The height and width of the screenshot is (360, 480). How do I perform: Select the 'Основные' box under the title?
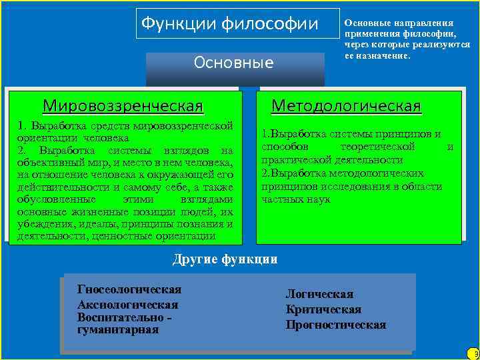pos(233,63)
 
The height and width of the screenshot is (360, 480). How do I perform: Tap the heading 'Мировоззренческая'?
pos(123,106)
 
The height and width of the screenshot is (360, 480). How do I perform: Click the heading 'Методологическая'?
pos(346,106)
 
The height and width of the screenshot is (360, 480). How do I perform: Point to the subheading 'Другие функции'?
pos(225,259)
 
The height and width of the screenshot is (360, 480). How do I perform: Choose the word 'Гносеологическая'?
pos(129,289)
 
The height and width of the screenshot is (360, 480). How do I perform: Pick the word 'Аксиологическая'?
pos(127,304)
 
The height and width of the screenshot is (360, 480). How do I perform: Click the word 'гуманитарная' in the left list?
pos(118,329)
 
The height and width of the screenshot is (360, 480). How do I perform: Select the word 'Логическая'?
pos(319,294)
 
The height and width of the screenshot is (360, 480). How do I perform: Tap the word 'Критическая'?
pos(323,309)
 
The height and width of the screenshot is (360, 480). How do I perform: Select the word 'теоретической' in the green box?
pos(377,146)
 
